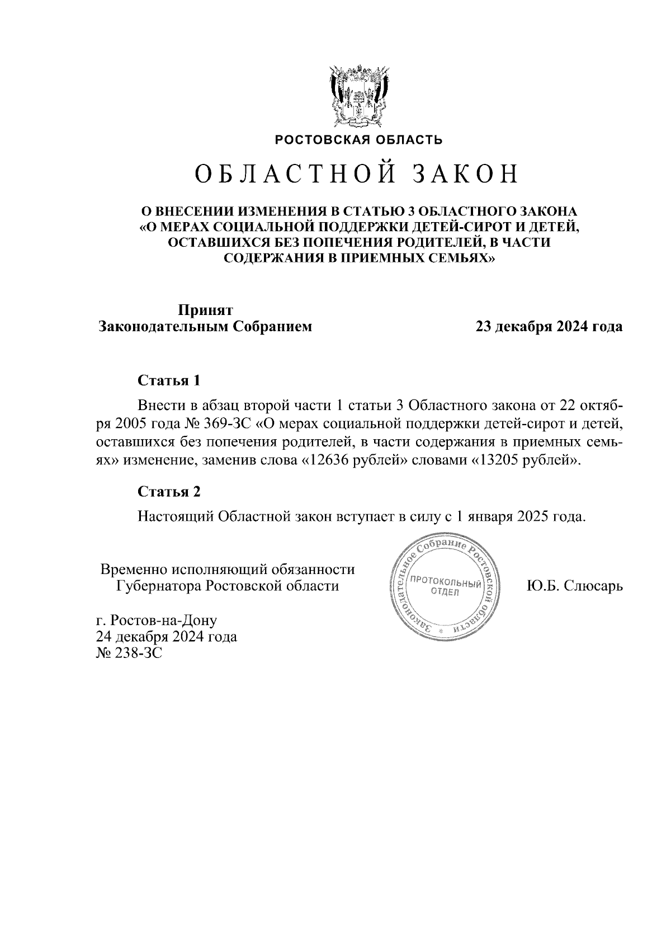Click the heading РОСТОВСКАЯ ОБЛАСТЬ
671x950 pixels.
[358, 140]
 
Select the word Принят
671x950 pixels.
[205, 310]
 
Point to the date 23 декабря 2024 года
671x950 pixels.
[549, 327]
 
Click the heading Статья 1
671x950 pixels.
[169, 381]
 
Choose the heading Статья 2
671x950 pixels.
[169, 492]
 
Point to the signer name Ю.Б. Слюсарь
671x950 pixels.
[574, 586]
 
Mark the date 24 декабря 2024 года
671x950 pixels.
[167, 637]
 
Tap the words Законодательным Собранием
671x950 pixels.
[205, 327]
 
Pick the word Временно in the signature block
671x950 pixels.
[134, 570]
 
